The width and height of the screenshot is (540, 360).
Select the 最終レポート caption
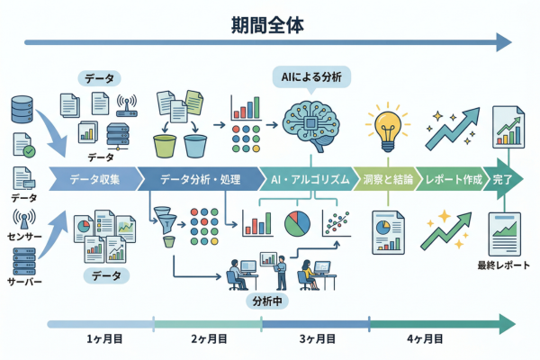coord(503,266)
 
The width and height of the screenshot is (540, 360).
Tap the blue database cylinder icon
coord(21,109)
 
